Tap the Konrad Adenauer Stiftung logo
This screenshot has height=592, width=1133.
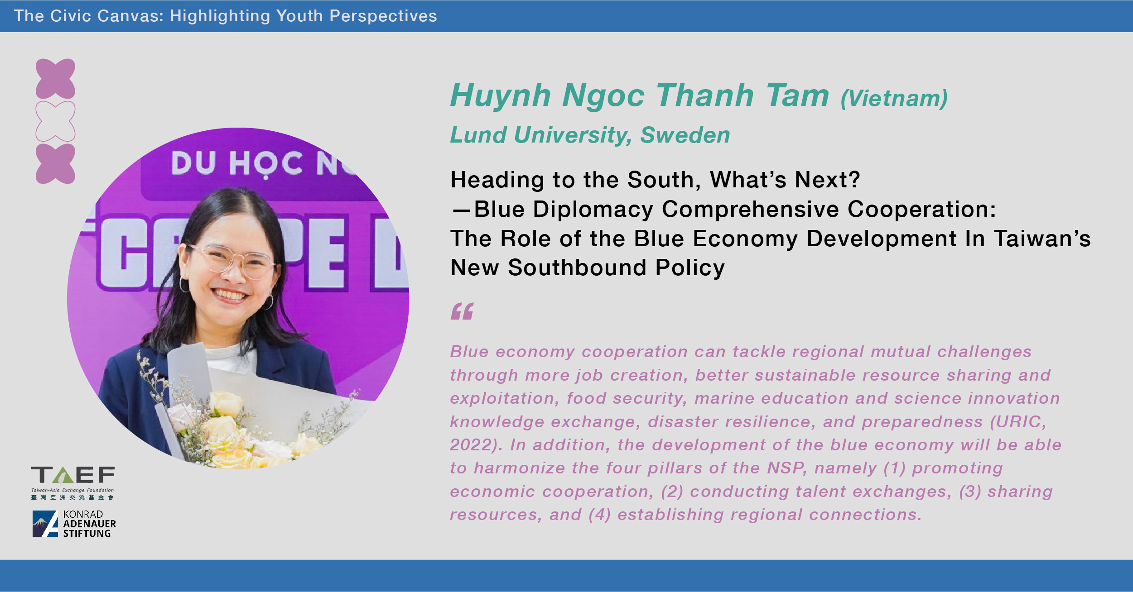74,524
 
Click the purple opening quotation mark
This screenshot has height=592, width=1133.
462,311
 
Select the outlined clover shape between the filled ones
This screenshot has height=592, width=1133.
55,121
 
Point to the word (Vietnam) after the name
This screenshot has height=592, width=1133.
894,98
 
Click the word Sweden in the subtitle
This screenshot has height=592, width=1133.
685,135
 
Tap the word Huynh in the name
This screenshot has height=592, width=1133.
500,96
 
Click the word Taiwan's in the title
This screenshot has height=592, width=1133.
1042,239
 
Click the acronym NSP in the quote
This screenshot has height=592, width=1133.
786,468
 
